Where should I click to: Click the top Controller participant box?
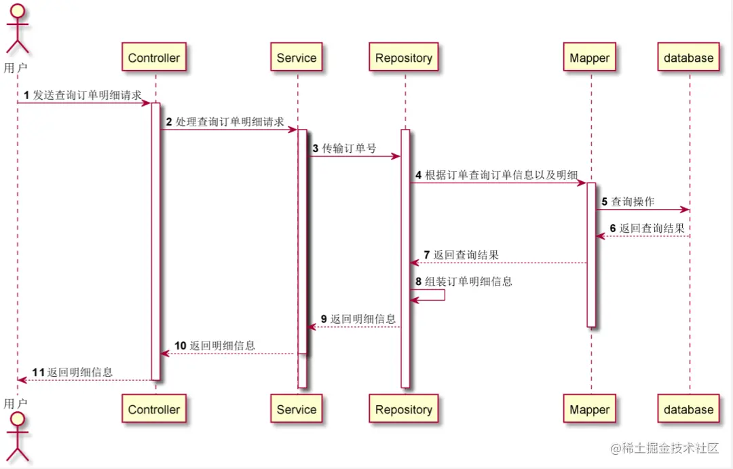[154, 58]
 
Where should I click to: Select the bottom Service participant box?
[297, 409]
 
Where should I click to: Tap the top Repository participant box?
[404, 58]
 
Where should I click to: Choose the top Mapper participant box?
[590, 58]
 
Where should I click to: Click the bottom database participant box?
[689, 409]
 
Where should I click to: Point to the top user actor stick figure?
[17, 31]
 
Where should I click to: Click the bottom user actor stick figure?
[17, 438]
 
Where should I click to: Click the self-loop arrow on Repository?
[434, 295]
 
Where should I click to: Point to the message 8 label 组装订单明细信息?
[468, 281]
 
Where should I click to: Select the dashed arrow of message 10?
[228, 354]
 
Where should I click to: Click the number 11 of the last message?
[39, 372]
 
